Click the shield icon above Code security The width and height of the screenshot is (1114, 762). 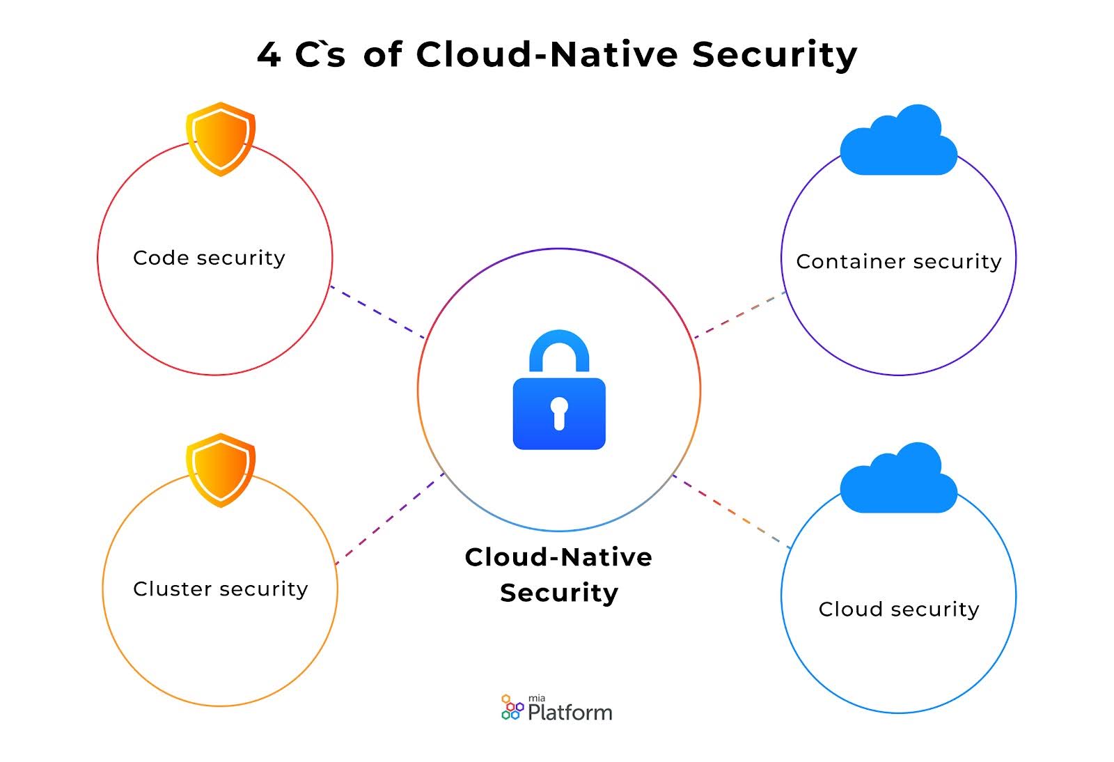pos(221,139)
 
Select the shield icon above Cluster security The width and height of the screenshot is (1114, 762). pos(221,469)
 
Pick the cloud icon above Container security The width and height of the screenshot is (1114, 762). pos(899,142)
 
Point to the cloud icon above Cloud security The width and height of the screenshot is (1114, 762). pos(899,480)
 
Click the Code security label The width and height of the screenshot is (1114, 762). pos(209,258)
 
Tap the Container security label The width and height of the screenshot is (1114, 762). pos(899,262)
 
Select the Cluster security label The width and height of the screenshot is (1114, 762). pos(220,589)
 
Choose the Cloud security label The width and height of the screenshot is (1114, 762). pos(899,609)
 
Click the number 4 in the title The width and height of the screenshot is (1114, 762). pos(269,54)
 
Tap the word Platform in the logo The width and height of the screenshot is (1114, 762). pos(570,713)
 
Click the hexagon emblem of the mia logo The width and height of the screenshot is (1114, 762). pos(512,707)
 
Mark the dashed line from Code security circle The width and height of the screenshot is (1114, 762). pos(377,312)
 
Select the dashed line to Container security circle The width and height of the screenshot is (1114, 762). pos(740,315)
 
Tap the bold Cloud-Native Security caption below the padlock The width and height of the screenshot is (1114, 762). pos(559,575)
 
